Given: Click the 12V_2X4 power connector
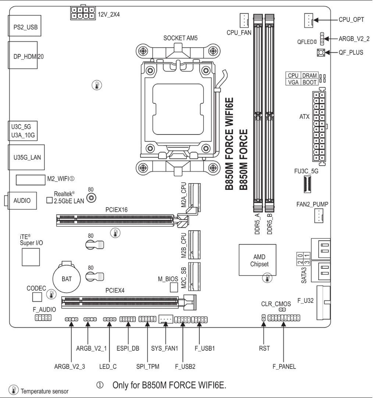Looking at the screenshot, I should (x=82, y=13).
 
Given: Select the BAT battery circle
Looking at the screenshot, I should (x=67, y=279).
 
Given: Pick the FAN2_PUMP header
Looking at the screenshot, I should (x=319, y=215).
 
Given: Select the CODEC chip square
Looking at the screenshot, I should (x=37, y=296).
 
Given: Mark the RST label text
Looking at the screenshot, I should (x=264, y=348).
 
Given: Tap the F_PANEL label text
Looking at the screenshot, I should (x=284, y=366).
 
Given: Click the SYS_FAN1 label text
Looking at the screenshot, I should (x=165, y=348).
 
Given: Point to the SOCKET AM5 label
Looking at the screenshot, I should (x=181, y=38).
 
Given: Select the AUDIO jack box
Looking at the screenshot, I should (x=22, y=200).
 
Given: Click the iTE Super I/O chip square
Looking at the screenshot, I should (x=30, y=257).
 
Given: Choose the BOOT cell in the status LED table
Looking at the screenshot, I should (x=309, y=82).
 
